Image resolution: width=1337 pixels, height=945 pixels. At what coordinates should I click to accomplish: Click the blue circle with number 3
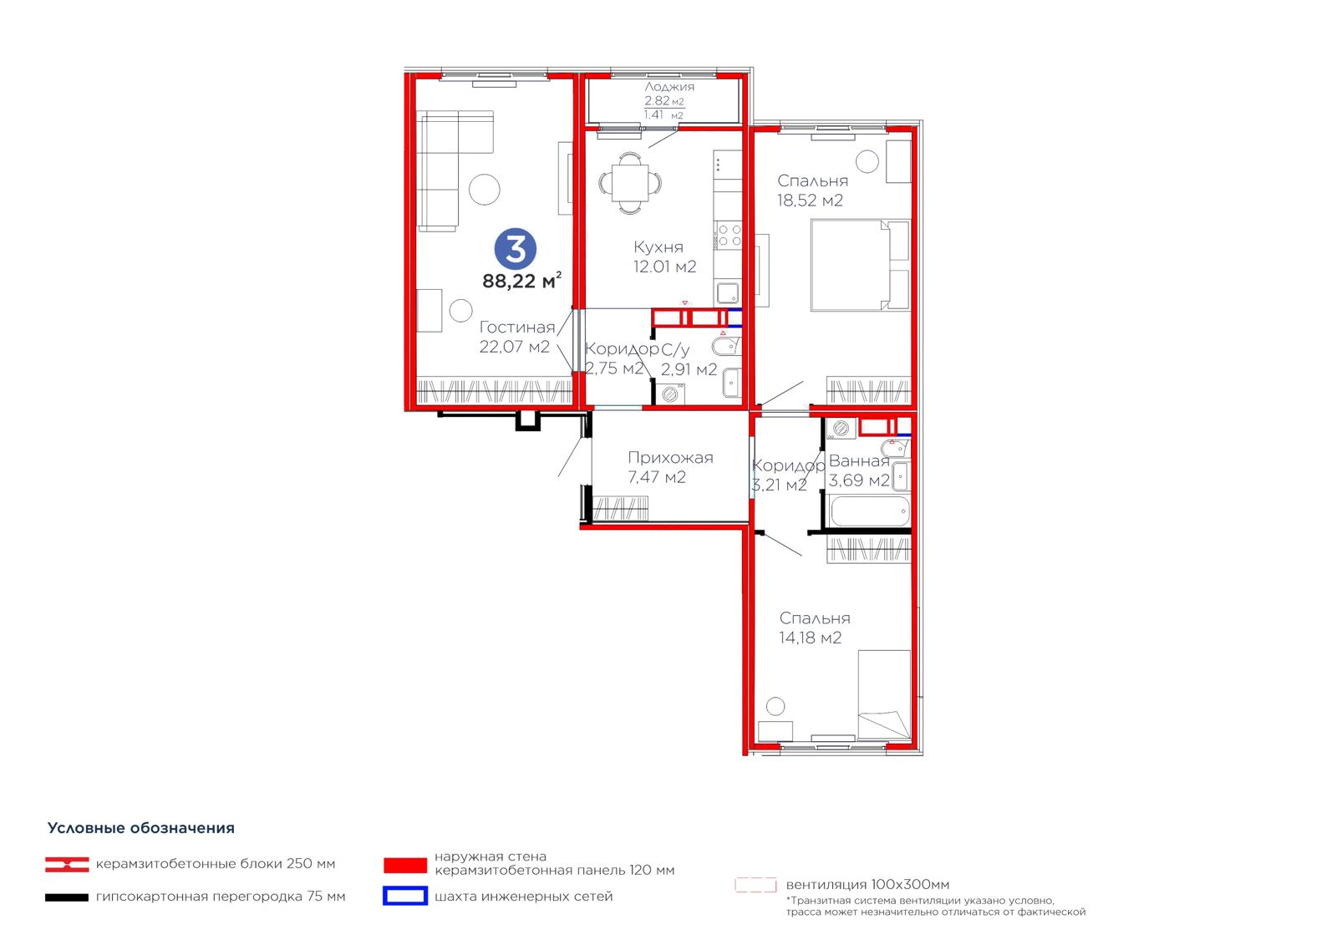(515, 249)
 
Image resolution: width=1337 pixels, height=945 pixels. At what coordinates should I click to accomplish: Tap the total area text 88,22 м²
(521, 281)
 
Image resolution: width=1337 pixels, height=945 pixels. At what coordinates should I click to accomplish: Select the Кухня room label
(658, 247)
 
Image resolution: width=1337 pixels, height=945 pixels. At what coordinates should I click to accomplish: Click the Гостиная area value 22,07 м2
(514, 346)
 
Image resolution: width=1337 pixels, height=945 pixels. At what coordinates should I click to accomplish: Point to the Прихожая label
(669, 458)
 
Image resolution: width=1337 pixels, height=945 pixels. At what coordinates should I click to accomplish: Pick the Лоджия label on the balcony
(669, 87)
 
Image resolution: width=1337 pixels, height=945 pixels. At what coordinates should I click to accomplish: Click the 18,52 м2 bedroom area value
(810, 201)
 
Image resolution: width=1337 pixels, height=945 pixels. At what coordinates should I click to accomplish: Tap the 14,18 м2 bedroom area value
(810, 638)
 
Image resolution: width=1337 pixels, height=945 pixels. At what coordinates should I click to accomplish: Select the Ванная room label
(859, 461)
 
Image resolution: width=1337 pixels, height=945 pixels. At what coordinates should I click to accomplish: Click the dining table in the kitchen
(630, 183)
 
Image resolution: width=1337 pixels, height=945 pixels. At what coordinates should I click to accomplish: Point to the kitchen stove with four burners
(729, 235)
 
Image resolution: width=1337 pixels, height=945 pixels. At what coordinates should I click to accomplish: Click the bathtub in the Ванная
(870, 511)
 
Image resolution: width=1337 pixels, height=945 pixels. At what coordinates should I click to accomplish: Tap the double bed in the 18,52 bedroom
(860, 265)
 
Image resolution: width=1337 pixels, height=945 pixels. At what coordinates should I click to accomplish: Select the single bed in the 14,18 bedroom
(884, 695)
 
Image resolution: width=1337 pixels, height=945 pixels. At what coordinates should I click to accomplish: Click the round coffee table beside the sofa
(484, 189)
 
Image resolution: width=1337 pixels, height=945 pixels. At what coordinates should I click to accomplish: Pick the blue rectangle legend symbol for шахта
(405, 896)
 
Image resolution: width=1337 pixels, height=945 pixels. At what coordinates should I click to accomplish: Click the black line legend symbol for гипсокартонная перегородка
(67, 897)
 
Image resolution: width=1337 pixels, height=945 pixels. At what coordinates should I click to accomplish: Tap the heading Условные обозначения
(141, 828)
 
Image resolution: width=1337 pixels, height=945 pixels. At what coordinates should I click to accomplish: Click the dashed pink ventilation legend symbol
(755, 885)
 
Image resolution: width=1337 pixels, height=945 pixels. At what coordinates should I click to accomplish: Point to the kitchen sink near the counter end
(727, 294)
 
